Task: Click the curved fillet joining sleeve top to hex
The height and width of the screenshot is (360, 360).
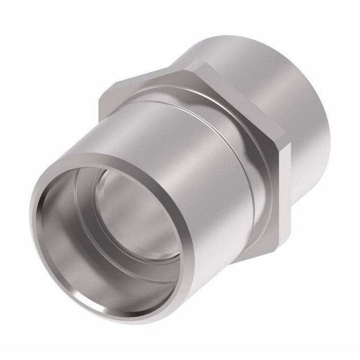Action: point(170,95)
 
